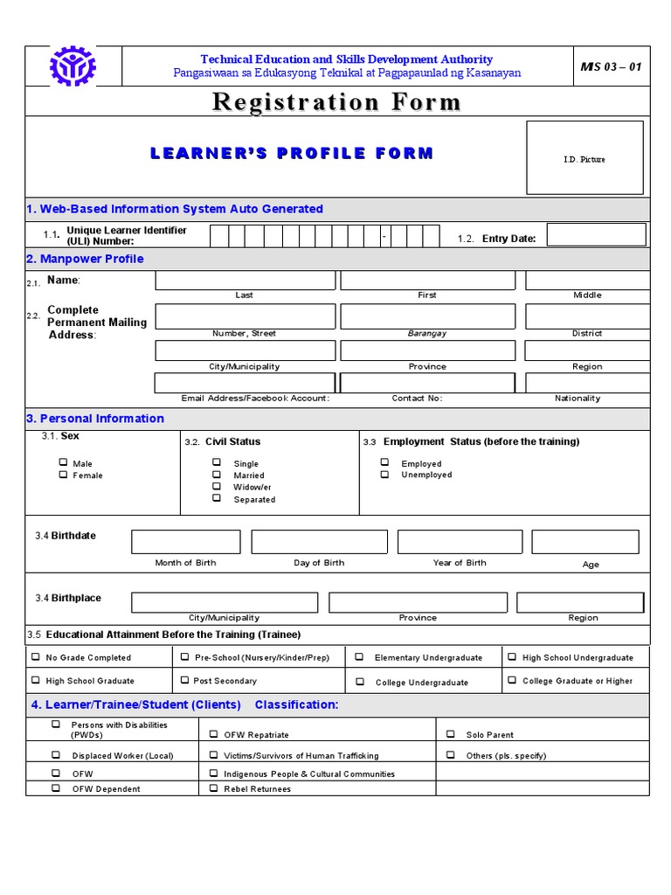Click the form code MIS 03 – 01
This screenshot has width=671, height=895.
pyautogui.click(x=611, y=67)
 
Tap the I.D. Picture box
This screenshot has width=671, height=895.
pyautogui.click(x=585, y=158)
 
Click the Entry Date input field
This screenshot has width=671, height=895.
pyautogui.click(x=596, y=235)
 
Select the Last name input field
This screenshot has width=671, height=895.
pyautogui.click(x=245, y=281)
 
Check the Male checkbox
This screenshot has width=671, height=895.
pyautogui.click(x=63, y=463)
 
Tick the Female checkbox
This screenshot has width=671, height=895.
pyautogui.click(x=63, y=475)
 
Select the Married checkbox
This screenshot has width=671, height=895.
pyautogui.click(x=216, y=475)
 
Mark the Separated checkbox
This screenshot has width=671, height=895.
pyautogui.click(x=216, y=498)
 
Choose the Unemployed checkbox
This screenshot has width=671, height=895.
pyautogui.click(x=384, y=475)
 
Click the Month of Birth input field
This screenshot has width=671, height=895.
pyautogui.click(x=185, y=542)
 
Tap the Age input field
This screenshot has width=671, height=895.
pyautogui.click(x=585, y=542)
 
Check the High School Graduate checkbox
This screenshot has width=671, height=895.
pyautogui.click(x=36, y=680)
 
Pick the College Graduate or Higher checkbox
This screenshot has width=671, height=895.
pyautogui.click(x=512, y=680)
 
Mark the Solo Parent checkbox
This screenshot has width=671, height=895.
pyautogui.click(x=451, y=734)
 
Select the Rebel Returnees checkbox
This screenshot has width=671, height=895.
pyautogui.click(x=214, y=787)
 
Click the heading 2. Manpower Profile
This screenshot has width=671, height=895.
pyautogui.click(x=85, y=259)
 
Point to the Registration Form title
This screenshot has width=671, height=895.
pyautogui.click(x=336, y=102)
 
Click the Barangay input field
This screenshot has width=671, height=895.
pyautogui.click(x=427, y=316)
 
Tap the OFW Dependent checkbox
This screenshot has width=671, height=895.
pyautogui.click(x=56, y=787)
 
